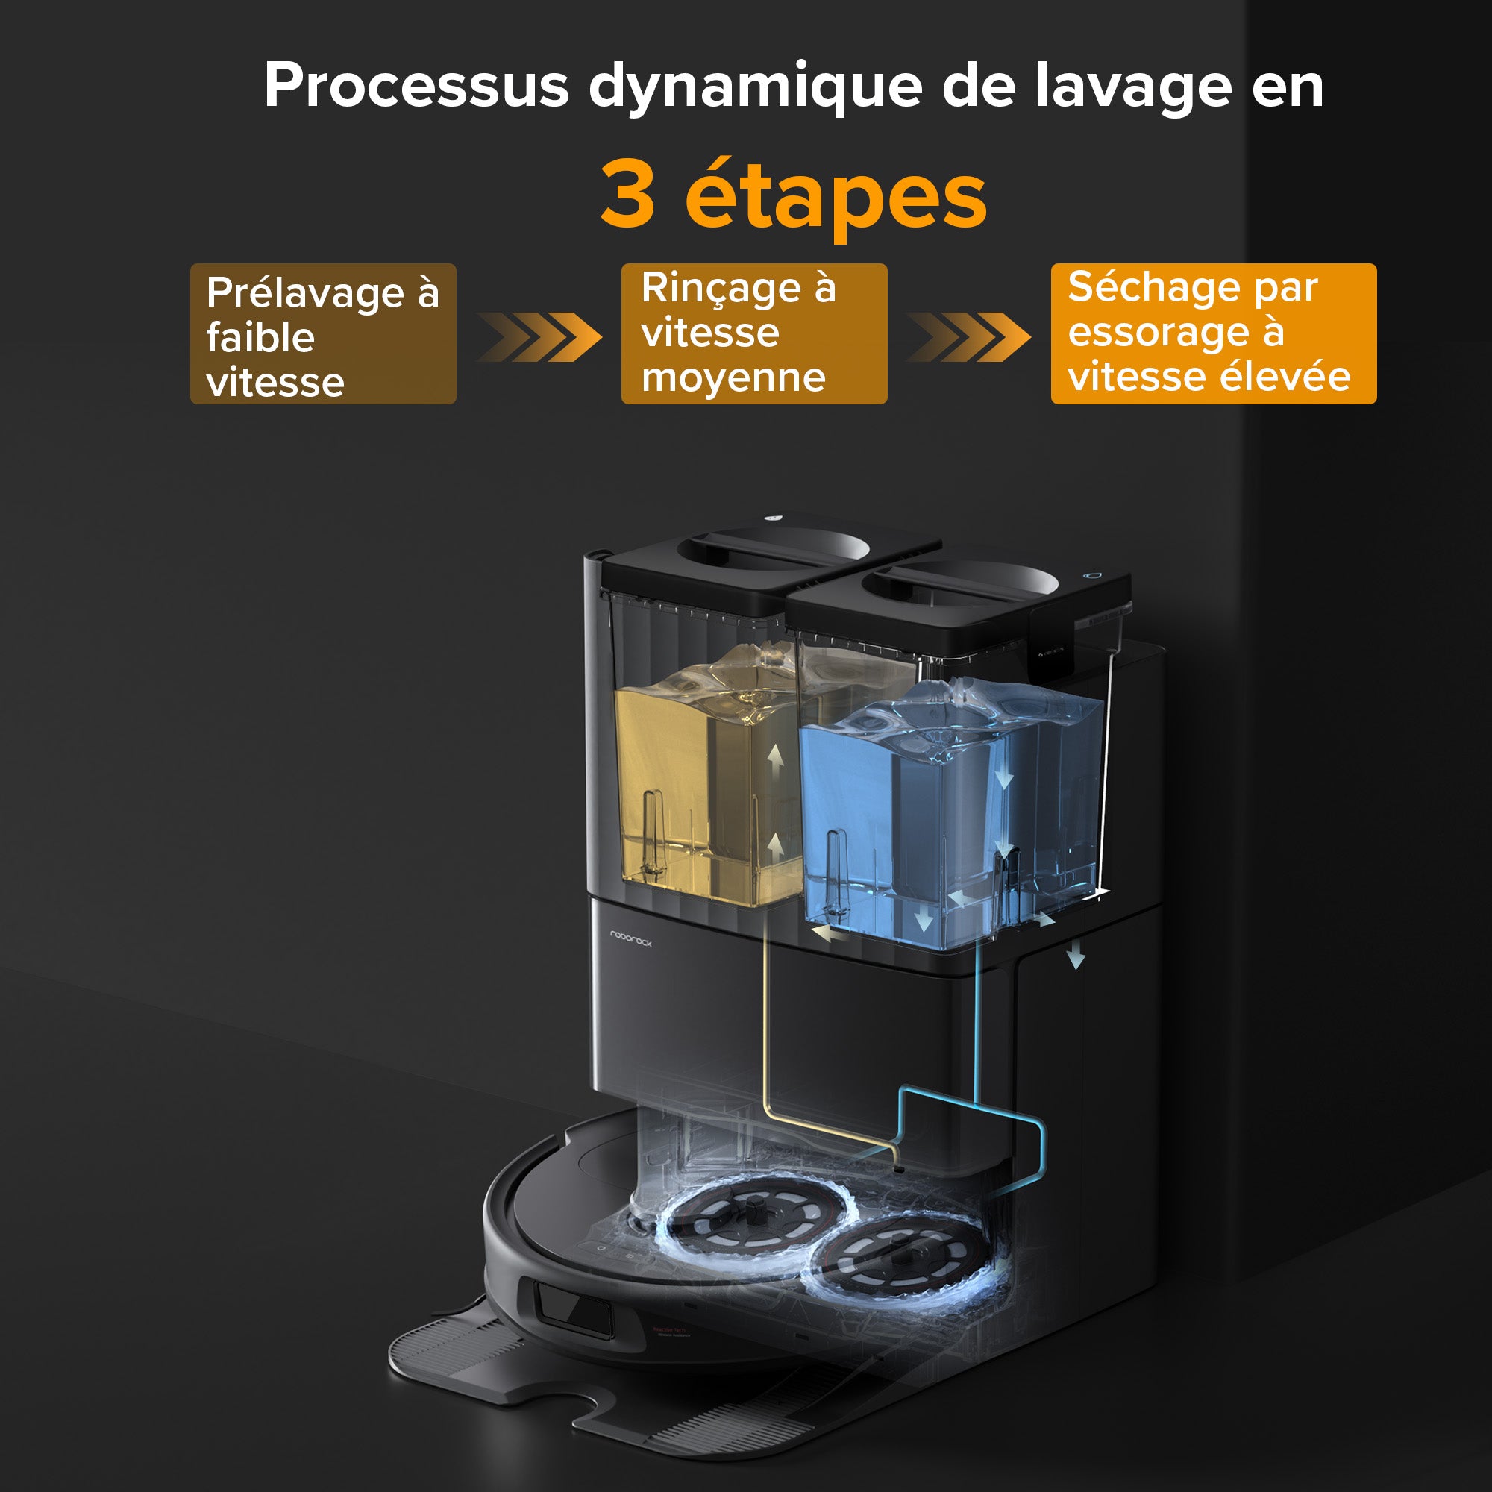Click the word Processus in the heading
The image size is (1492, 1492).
[x=416, y=85]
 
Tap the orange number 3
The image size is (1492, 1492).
[x=628, y=193]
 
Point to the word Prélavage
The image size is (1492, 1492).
[x=305, y=293]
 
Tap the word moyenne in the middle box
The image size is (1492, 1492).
[x=733, y=378]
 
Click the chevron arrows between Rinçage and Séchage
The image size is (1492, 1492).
[x=968, y=336]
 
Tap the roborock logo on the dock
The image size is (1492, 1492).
[x=631, y=938]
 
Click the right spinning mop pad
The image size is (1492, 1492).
[x=900, y=1258]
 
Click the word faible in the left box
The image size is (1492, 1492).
[x=260, y=337]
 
